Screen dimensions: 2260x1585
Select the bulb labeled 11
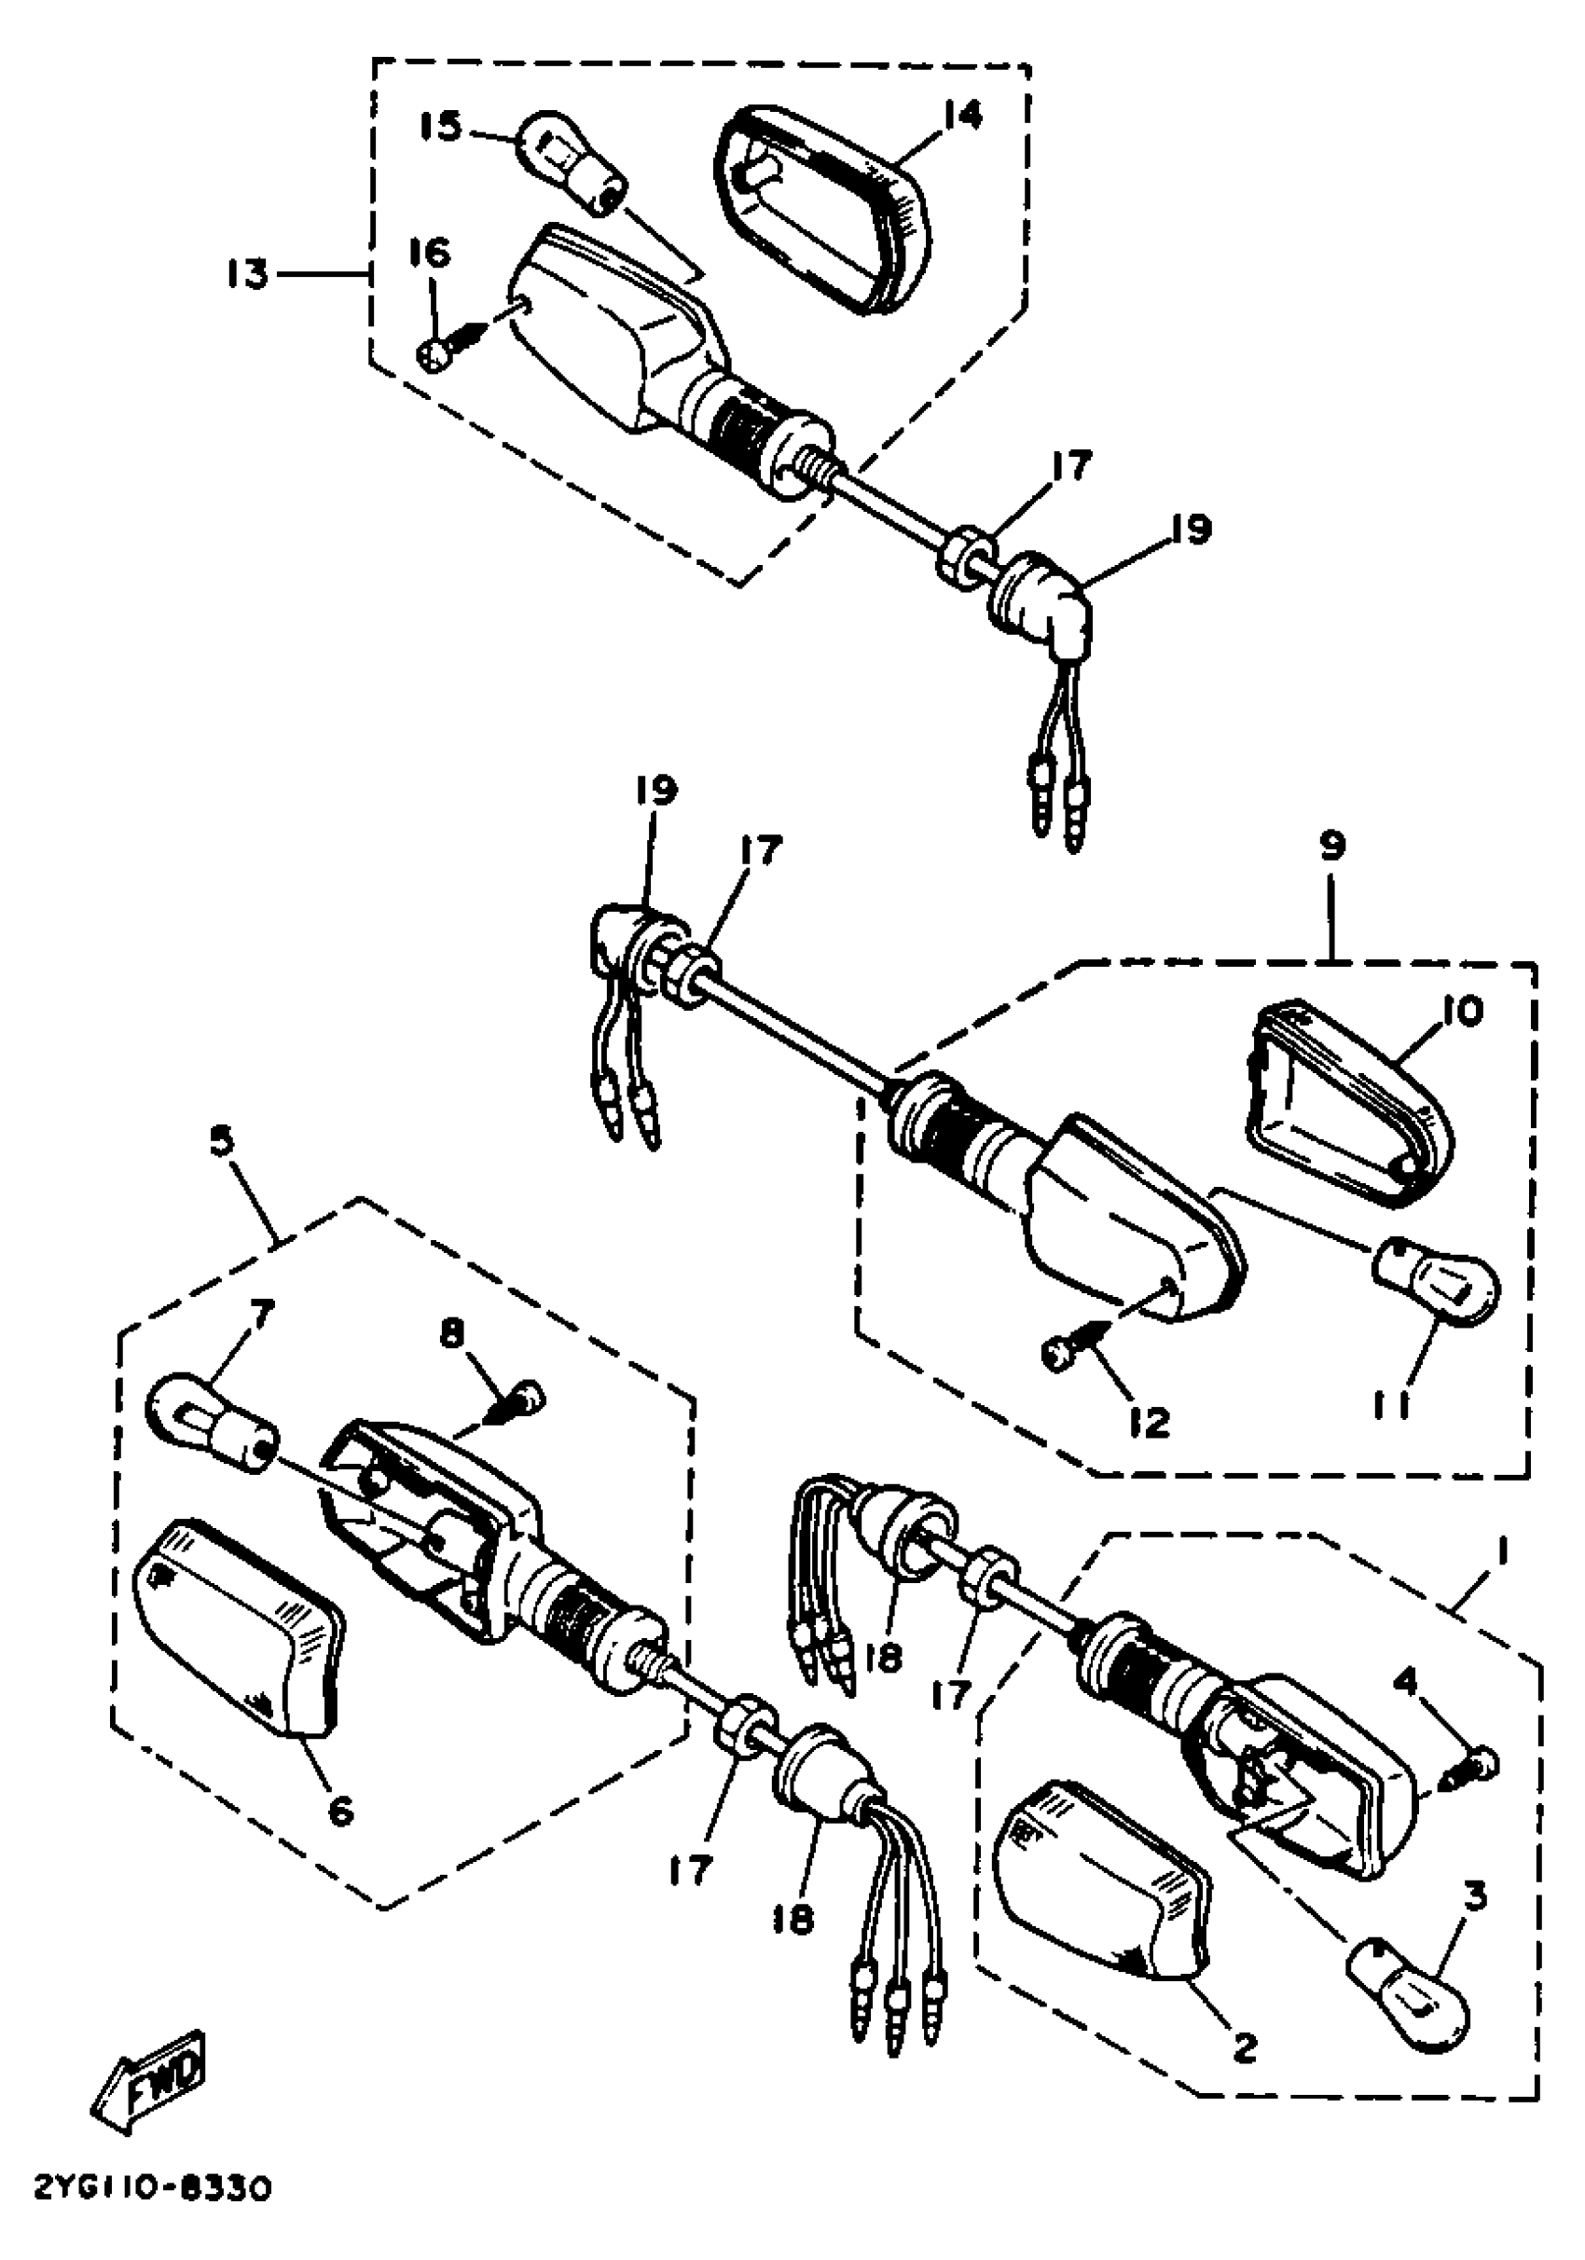click(1438, 1282)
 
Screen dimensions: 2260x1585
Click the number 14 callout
click(961, 117)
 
